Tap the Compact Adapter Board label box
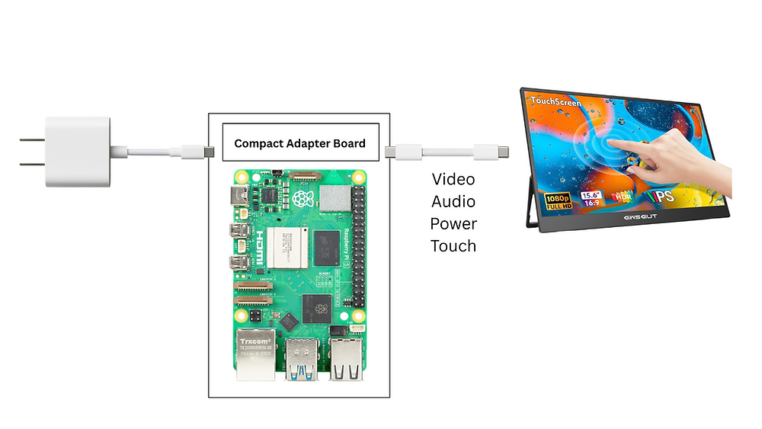tap(299, 142)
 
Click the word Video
tap(453, 179)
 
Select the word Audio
tap(453, 201)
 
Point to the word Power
tap(453, 223)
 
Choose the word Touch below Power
tap(453, 245)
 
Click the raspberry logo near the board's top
tap(308, 199)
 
